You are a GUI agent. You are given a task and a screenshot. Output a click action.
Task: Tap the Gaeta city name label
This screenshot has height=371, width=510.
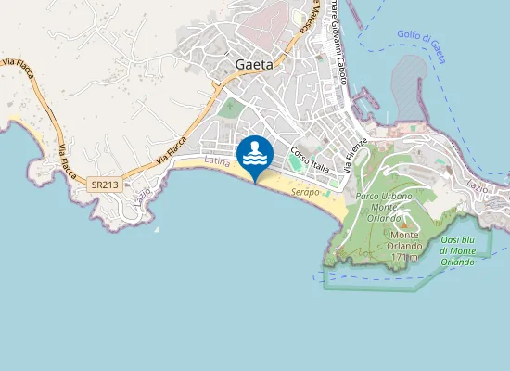254,65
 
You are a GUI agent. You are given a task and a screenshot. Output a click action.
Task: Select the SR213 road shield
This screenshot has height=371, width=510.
104,185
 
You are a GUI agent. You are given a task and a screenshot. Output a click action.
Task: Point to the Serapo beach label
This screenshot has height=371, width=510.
305,191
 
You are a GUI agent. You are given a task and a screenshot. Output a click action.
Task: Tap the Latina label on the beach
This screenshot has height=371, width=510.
216,162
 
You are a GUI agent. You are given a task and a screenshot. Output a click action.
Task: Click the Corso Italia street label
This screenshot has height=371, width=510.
310,160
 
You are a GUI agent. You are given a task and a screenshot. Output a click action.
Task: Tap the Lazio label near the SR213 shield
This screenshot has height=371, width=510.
142,197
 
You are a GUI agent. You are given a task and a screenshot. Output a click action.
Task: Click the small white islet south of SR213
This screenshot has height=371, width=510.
156,228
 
